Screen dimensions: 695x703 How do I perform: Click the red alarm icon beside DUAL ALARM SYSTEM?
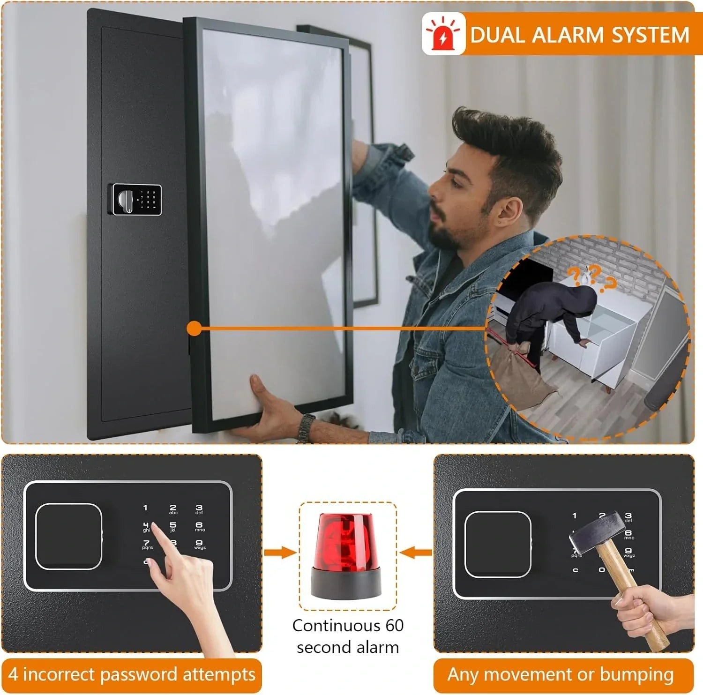pos(443,34)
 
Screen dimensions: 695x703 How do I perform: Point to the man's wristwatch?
pos(306,427)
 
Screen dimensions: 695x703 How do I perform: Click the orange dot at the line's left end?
pos(194,329)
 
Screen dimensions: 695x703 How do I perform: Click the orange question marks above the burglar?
pos(591,276)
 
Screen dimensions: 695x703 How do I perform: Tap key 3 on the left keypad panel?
pos(199,509)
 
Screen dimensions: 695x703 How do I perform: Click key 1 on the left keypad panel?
pos(145,508)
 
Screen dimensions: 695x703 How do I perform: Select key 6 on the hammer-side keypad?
pos(628,534)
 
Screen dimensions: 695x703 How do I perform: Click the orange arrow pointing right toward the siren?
pos(279,553)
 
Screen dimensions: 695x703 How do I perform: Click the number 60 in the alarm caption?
pos(395,626)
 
